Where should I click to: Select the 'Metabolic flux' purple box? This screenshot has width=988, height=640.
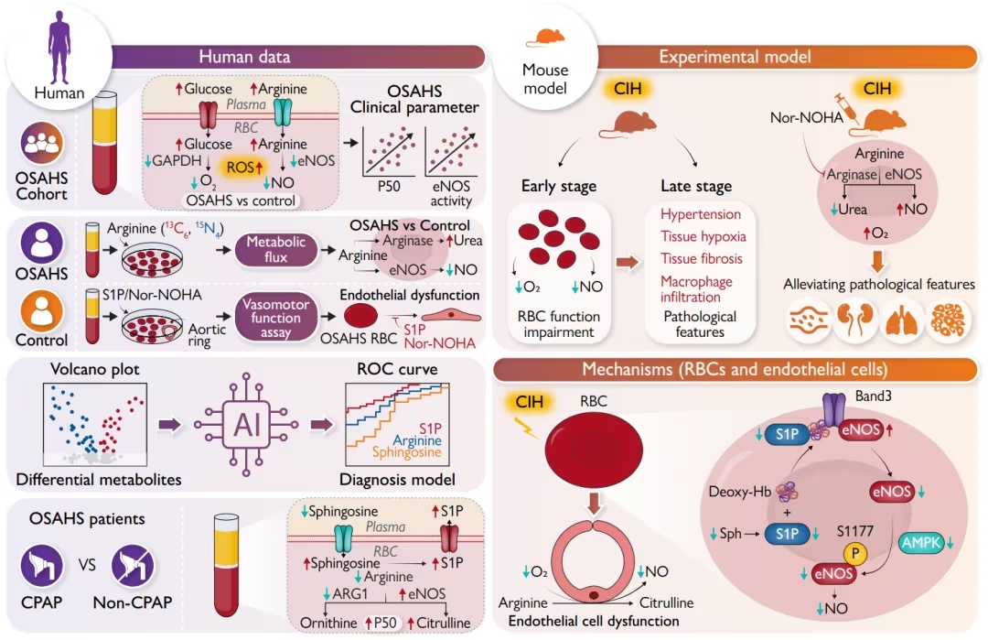tap(276, 249)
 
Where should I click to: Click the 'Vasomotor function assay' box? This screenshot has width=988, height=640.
tap(276, 318)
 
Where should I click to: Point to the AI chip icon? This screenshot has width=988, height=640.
tap(246, 424)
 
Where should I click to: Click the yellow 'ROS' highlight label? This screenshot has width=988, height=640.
tap(244, 167)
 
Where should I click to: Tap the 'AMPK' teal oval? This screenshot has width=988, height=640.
tap(923, 543)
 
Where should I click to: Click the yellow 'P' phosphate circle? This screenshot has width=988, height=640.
tap(855, 554)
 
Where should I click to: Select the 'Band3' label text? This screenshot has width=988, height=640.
tap(874, 396)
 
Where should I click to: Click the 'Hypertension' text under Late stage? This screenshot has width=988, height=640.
tap(701, 214)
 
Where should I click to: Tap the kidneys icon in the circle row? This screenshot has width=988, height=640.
tap(854, 320)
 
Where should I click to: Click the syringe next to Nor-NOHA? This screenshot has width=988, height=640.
tap(846, 105)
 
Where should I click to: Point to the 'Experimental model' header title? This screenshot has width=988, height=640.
tap(735, 57)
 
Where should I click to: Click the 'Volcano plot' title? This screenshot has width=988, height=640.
tap(95, 369)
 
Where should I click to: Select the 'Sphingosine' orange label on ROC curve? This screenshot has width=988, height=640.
tap(406, 452)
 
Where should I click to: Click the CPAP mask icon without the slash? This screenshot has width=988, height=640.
tap(42, 566)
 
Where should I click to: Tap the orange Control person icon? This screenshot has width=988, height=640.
tap(42, 310)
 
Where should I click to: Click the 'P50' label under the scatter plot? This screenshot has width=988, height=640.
tap(389, 186)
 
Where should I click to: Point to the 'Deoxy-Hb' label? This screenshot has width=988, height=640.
tap(740, 492)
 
